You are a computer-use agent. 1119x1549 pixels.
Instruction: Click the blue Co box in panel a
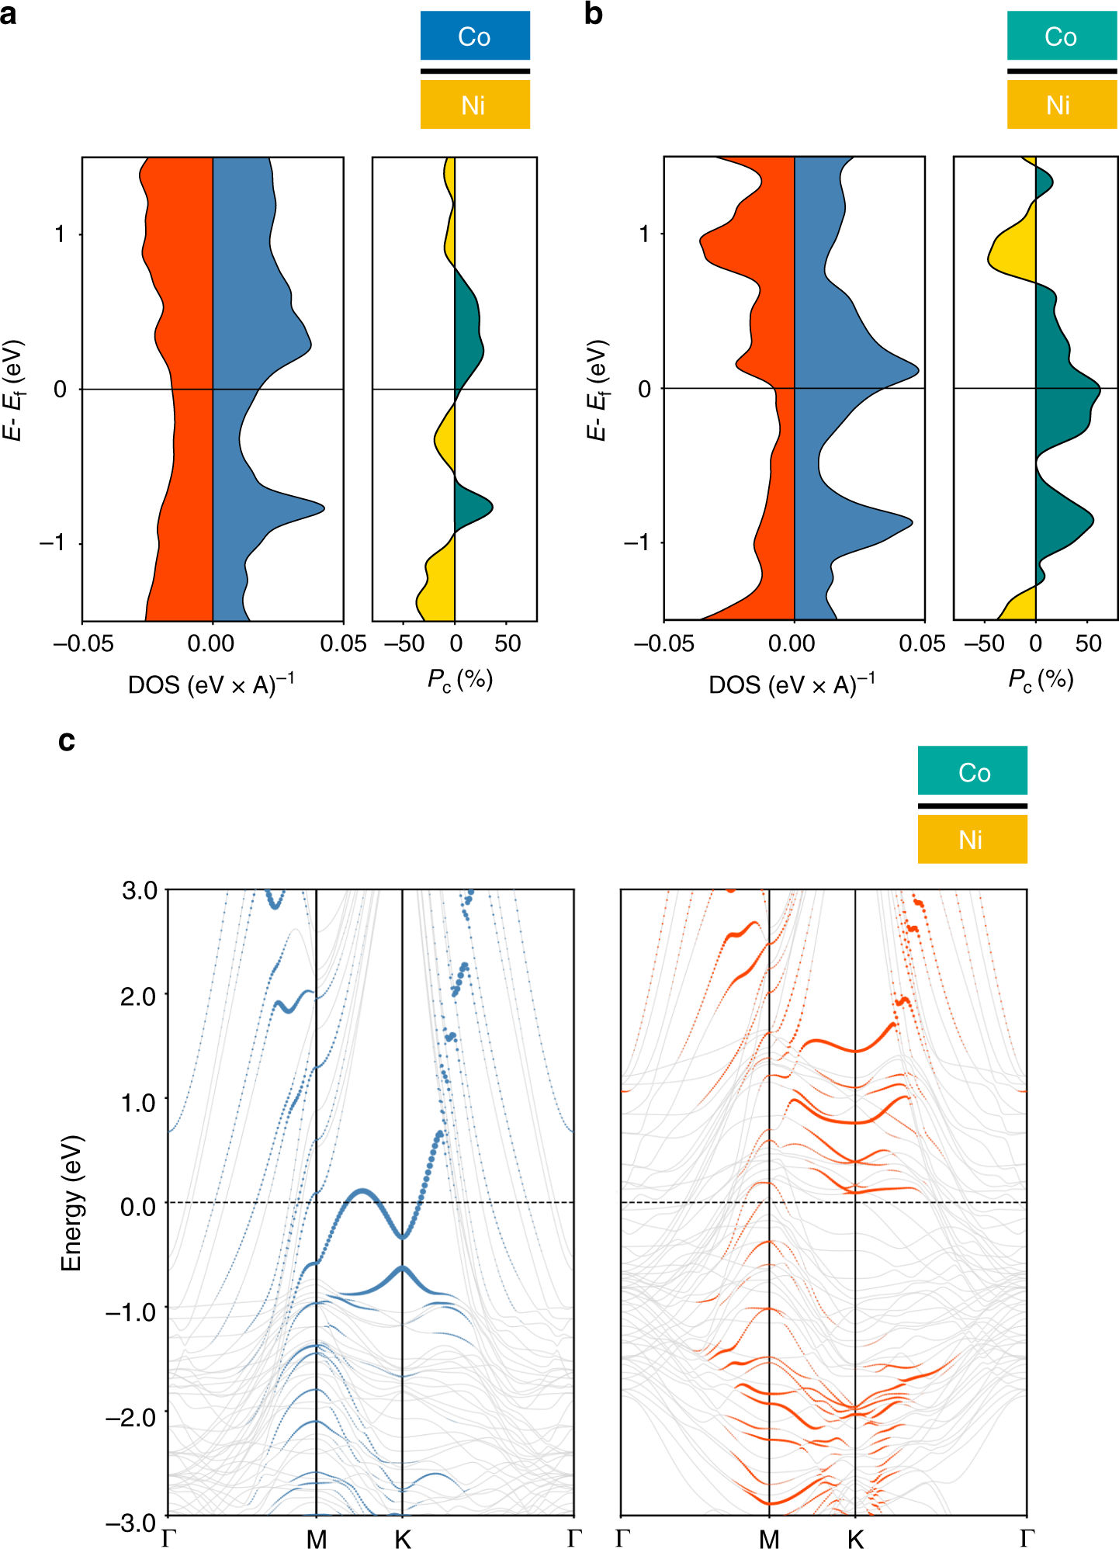pyautogui.click(x=475, y=36)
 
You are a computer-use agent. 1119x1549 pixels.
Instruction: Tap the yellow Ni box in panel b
pyautogui.click(x=1061, y=105)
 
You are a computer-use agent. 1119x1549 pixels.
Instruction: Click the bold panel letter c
pyautogui.click(x=67, y=740)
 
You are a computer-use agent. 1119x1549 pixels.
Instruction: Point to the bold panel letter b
pyautogui.click(x=593, y=14)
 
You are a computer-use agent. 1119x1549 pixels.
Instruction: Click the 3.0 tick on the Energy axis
pyautogui.click(x=139, y=890)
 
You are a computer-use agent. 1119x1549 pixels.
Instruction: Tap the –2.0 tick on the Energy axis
pyautogui.click(x=131, y=1416)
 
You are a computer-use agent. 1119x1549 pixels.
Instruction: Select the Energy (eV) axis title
pyautogui.click(x=71, y=1203)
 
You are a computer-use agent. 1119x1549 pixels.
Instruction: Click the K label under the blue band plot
pyautogui.click(x=402, y=1538)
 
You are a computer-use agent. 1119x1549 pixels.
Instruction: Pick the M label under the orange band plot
pyautogui.click(x=769, y=1538)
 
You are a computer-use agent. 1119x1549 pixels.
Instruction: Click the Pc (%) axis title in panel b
pyautogui.click(x=1041, y=679)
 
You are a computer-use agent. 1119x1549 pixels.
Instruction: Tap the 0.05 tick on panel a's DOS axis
pyautogui.click(x=344, y=643)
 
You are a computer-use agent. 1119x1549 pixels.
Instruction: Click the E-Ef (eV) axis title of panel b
pyautogui.click(x=596, y=390)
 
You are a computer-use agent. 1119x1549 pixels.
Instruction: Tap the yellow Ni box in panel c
pyautogui.click(x=972, y=839)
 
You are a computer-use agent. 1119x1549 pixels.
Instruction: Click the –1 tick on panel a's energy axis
pyautogui.click(x=53, y=542)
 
